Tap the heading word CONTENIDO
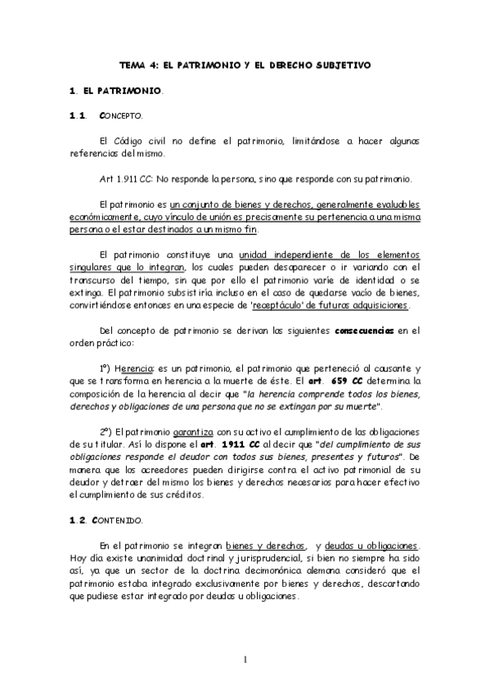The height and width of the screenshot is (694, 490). pyautogui.click(x=121, y=520)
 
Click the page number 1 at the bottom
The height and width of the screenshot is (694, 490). pyautogui.click(x=244, y=660)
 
